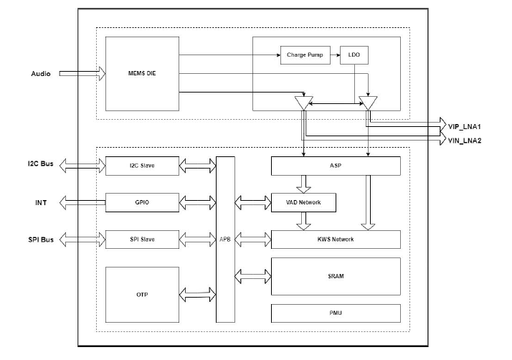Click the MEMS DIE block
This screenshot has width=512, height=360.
pyautogui.click(x=141, y=73)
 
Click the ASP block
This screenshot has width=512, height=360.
pyautogui.click(x=335, y=166)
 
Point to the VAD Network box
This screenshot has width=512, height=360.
pyautogui.click(x=303, y=202)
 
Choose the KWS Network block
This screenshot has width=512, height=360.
pyautogui.click(x=335, y=239)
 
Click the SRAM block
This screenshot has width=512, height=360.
pyautogui.click(x=335, y=276)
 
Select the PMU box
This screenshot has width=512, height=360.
pyautogui.click(x=335, y=313)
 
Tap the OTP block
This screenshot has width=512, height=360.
pyautogui.click(x=141, y=295)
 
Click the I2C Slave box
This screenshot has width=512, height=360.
pyautogui.click(x=141, y=166)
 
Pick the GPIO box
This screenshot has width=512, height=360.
pyautogui.click(x=141, y=202)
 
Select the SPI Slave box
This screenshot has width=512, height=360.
pyautogui.click(x=141, y=239)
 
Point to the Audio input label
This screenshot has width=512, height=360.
pyautogui.click(x=41, y=74)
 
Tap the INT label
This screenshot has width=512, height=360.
pyautogui.click(x=42, y=202)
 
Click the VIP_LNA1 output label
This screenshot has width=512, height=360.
pyautogui.click(x=464, y=125)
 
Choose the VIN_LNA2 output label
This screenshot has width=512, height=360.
pyautogui.click(x=464, y=140)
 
